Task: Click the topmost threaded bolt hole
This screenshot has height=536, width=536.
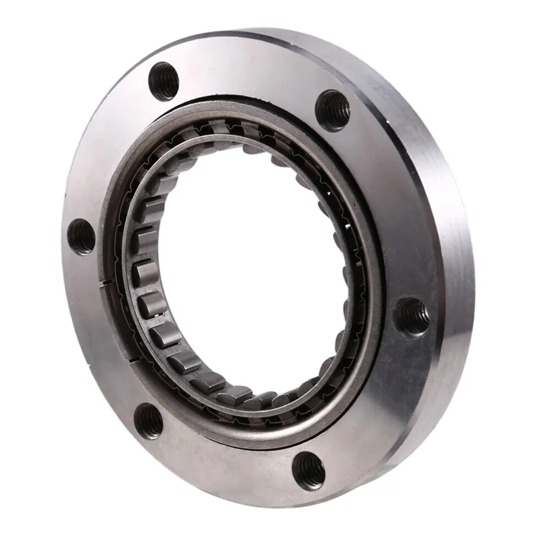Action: tap(163, 81)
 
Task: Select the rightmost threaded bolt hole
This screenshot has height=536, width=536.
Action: tap(411, 316)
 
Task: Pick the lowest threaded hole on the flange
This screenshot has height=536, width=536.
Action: tap(308, 469)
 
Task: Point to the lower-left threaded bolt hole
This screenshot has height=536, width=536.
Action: tap(149, 421)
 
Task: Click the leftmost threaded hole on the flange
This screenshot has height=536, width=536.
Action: tap(82, 237)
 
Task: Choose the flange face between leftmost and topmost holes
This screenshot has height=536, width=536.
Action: tap(107, 147)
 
